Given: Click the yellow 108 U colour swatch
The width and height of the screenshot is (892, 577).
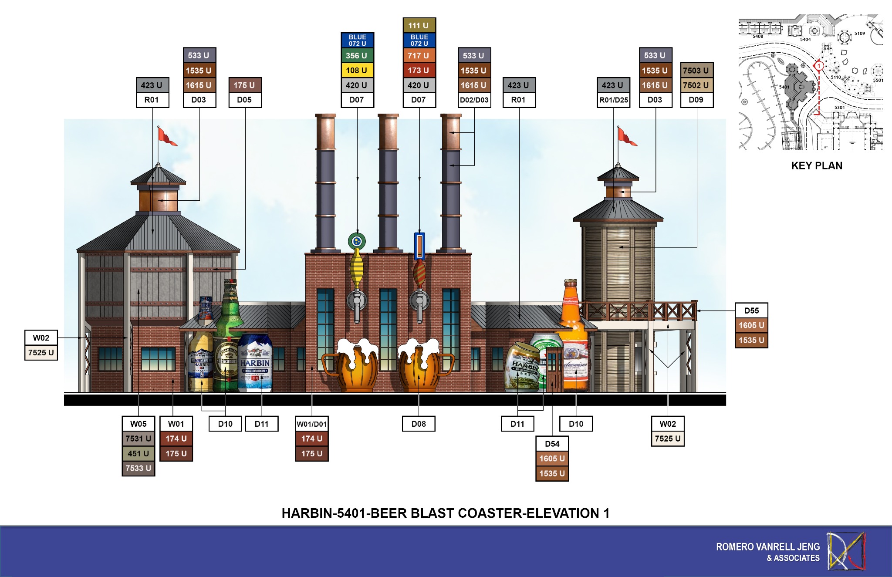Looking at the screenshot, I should pos(357,70).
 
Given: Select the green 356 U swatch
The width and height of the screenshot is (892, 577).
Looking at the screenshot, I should pos(357,55).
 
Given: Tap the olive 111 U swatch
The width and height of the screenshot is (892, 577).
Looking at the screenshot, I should pos(419,25).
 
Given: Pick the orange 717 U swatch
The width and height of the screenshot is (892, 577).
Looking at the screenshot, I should pos(419,55).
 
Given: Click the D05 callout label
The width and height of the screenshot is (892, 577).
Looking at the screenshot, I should pos(244,100).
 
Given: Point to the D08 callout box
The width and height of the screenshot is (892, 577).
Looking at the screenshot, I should pos(419,424).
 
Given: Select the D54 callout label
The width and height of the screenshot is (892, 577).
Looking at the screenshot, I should pos(552,444).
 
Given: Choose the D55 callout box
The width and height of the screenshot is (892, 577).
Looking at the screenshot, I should pos(751,310).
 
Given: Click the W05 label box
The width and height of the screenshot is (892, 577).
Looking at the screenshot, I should pos(139,424).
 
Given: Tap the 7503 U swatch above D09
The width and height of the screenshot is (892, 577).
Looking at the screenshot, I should pos(696,70).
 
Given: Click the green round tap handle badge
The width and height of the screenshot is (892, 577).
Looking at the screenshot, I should pos(357,241).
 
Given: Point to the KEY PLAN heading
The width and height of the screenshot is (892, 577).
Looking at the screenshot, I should pos(817,165).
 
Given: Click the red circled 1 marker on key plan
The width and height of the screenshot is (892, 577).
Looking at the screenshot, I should pos(819,66).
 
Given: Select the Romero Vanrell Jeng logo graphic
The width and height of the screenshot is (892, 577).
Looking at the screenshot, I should pos(846,551).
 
